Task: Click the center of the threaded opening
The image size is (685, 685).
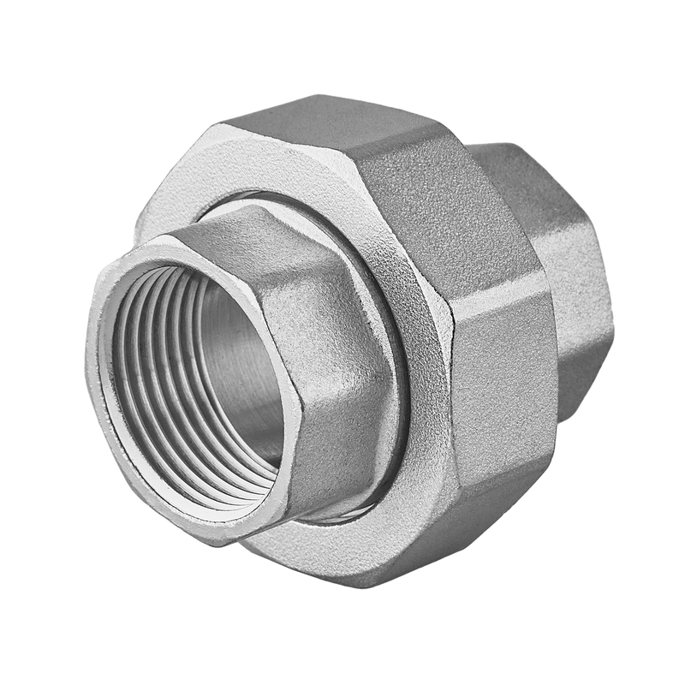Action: (201, 377)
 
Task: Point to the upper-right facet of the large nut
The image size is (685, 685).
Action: (445, 205)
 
